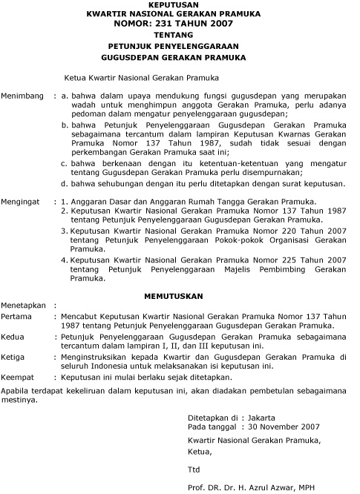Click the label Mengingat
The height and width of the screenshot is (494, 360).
22,201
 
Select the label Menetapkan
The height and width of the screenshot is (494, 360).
22,305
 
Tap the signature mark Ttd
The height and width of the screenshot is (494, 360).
194,469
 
